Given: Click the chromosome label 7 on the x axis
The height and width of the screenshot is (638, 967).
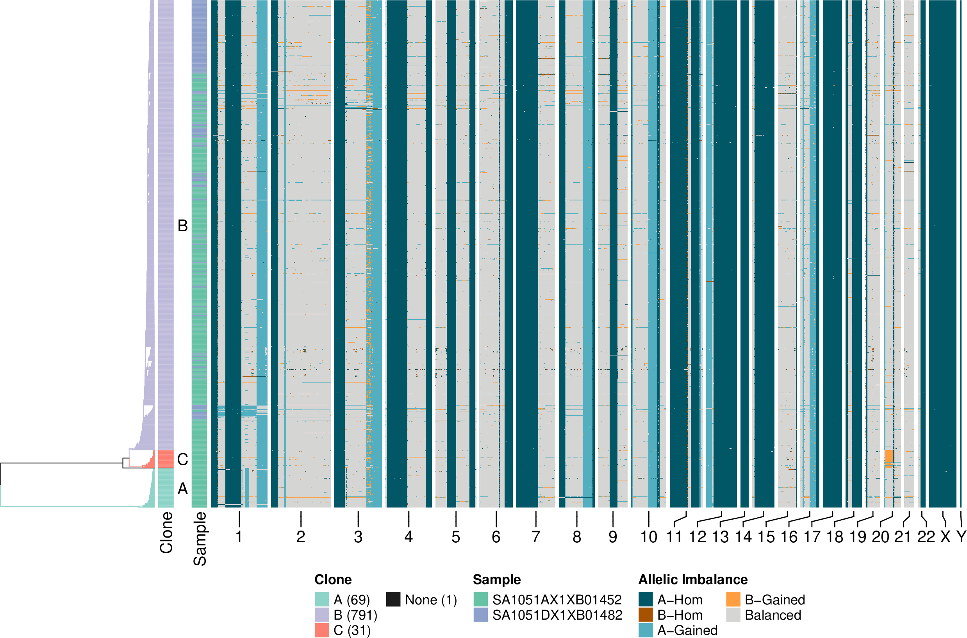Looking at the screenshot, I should pos(536,537).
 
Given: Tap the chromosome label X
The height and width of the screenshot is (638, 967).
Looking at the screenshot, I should pos(946,537).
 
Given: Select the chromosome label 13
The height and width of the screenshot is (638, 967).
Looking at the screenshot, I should pos(720,537).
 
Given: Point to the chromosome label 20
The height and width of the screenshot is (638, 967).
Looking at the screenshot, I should pos(880,537).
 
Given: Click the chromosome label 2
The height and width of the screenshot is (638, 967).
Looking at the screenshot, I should pos(300,537).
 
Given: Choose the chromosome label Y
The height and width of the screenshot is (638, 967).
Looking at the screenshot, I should pos(961,537).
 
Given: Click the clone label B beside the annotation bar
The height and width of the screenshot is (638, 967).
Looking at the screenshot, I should pos(183,226).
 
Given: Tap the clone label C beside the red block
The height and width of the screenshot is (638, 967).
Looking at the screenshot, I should pos(183,459).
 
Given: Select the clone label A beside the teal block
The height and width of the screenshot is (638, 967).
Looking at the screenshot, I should pos(183,489).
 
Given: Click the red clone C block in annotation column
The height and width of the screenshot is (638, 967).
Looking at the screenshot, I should pos(166,459).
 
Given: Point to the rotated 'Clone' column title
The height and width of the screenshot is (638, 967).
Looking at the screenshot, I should pos(166,533).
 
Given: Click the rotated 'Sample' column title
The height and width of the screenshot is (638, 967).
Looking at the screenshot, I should pos(200,539).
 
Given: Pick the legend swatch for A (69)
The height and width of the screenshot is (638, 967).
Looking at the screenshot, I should pos(322,600).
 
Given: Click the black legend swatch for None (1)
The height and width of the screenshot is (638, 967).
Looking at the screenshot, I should pos(393,600).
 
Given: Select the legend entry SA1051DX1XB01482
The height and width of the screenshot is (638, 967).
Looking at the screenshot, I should pos(557,615).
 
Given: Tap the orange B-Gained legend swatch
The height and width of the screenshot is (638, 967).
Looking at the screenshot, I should pos(733,600).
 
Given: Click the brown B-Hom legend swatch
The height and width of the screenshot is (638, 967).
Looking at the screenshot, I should pos(646,615).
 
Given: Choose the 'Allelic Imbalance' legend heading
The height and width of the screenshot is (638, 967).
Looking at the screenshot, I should pos(693,579).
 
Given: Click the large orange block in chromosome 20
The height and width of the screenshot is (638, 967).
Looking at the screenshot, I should pos(889,456).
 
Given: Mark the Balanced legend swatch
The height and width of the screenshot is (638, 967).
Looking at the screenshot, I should pos(733,615).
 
